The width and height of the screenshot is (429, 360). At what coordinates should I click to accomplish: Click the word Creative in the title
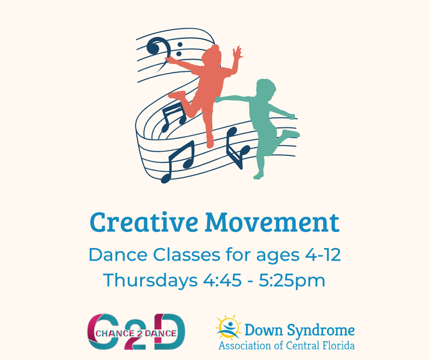[144, 222]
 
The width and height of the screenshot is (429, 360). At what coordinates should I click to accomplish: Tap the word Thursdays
[150, 280]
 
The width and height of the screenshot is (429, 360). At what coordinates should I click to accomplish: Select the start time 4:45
[222, 280]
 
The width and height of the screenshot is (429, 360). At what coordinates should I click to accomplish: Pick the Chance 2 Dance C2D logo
[136, 332]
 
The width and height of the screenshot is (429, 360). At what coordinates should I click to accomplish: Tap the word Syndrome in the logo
[321, 330]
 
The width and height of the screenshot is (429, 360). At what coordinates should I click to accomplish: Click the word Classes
[186, 255]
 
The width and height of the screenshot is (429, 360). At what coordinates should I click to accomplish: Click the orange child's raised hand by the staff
[237, 53]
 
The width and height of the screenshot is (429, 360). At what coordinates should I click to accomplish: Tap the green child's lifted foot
[292, 134]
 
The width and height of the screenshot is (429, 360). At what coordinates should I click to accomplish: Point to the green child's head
[266, 88]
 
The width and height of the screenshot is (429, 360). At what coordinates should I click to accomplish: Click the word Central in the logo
[303, 345]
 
